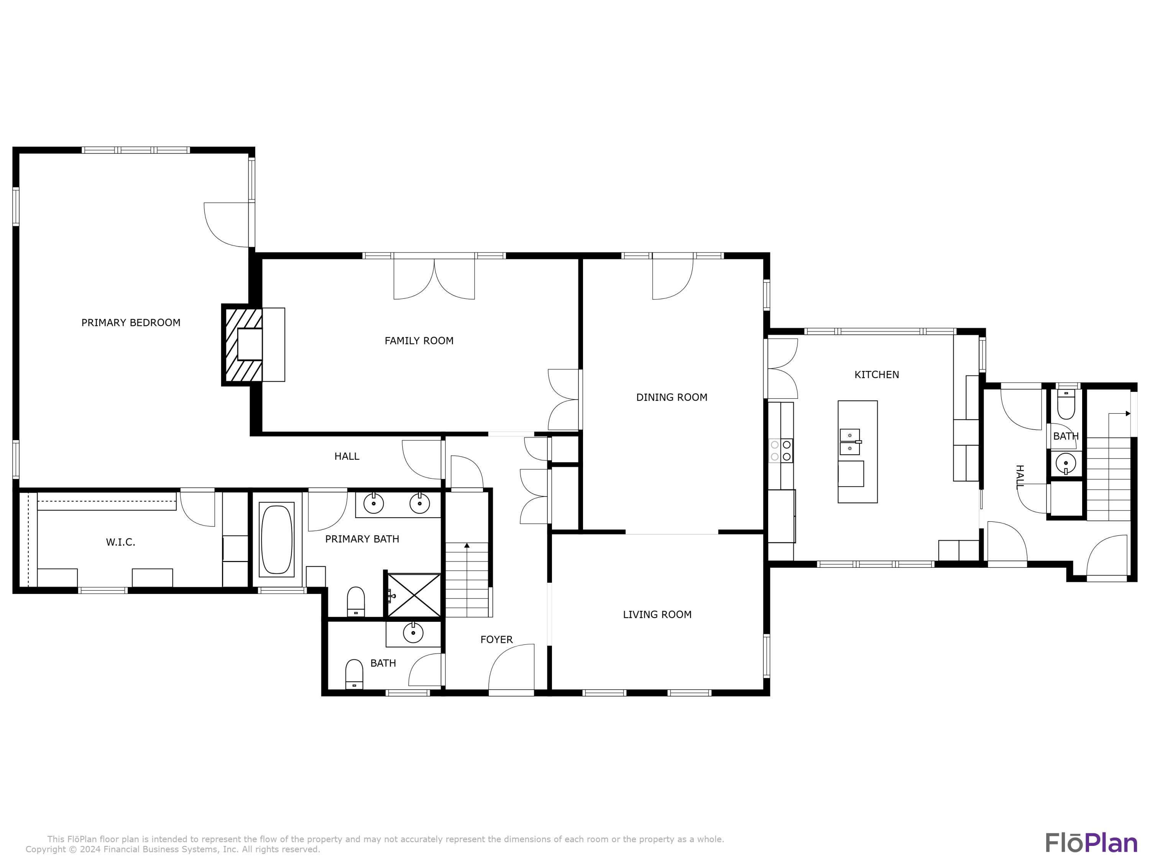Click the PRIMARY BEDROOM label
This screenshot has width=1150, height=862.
pyautogui.click(x=131, y=323)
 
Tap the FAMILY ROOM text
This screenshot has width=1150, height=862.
pyautogui.click(x=419, y=341)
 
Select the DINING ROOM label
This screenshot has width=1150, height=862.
pyautogui.click(x=672, y=398)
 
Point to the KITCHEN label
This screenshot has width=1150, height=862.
pyautogui.click(x=877, y=375)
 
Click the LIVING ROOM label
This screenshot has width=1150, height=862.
pyautogui.click(x=657, y=615)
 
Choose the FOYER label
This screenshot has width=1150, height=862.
pyautogui.click(x=496, y=640)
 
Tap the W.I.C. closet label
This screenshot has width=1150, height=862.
pyautogui.click(x=121, y=542)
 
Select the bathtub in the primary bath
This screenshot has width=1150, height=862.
pyautogui.click(x=277, y=539)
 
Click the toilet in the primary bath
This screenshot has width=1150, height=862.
pyautogui.click(x=356, y=602)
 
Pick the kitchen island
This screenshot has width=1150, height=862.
pyautogui.click(x=857, y=452)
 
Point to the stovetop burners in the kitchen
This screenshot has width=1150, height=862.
pyautogui.click(x=780, y=451)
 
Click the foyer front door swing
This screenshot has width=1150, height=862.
pyautogui.click(x=511, y=669)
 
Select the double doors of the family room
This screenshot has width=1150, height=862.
pyautogui.click(x=434, y=278)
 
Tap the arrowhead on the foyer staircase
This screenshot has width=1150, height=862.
pyautogui.click(x=467, y=546)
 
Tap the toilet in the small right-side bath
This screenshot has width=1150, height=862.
pyautogui.click(x=1066, y=405)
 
